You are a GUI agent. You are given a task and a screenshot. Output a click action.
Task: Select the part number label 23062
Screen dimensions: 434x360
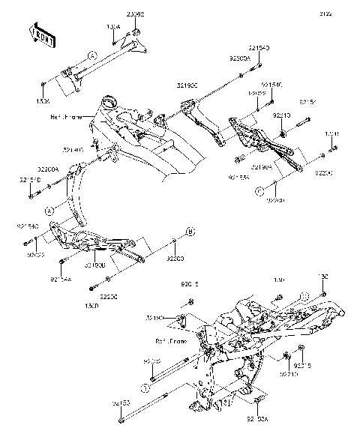tap(135, 13)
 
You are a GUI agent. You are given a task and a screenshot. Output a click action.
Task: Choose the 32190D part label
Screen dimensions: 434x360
tap(94, 265)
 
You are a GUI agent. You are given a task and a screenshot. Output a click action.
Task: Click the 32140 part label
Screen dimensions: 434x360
tap(94, 151)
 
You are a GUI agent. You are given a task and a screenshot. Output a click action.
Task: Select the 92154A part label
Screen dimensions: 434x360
tap(61, 280)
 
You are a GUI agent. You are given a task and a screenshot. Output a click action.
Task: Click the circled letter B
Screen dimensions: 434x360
tap(190, 232)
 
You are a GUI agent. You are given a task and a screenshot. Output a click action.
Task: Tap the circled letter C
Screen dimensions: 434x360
tap(258, 192)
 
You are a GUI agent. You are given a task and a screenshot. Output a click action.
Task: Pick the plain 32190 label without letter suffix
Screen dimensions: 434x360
tap(155, 319)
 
